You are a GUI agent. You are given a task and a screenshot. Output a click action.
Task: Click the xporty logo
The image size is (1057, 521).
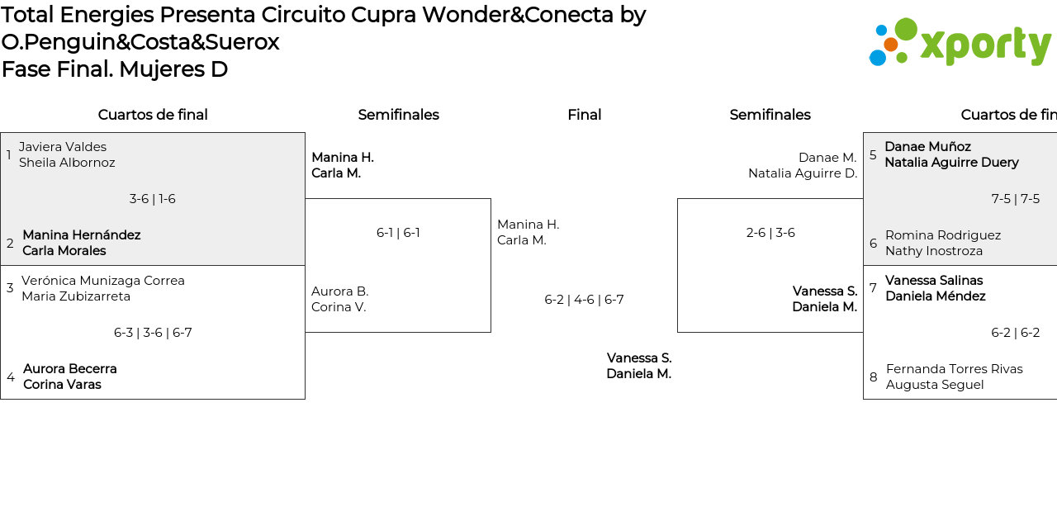tap(960, 42)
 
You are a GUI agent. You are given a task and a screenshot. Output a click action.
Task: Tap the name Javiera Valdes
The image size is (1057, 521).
tap(63, 147)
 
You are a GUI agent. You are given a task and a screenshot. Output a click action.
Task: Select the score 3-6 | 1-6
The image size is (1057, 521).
tap(152, 199)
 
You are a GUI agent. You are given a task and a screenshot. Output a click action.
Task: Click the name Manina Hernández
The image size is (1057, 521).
tap(82, 235)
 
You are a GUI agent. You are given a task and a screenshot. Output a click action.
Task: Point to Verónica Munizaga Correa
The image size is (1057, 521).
tap(103, 281)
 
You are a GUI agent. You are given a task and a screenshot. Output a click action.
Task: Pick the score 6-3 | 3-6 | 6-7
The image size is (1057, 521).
tap(153, 333)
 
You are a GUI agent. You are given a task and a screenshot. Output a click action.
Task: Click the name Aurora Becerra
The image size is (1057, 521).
tap(70, 369)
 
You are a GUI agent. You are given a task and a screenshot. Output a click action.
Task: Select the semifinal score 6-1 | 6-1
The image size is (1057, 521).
tap(398, 233)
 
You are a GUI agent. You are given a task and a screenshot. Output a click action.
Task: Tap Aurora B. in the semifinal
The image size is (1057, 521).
tap(340, 291)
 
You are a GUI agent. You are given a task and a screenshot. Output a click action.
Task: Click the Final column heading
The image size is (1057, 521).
tap(584, 115)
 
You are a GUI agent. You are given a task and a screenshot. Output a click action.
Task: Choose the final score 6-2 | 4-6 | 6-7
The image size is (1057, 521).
tap(584, 300)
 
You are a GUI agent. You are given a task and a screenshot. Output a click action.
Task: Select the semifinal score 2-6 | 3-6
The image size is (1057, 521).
tap(770, 233)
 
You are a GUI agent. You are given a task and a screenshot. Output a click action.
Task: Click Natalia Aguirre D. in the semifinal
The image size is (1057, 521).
tap(803, 173)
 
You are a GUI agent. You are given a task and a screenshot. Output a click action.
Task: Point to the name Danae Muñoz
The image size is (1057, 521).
tap(927, 147)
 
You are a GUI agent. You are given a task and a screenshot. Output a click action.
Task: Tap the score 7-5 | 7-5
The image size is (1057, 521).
tap(1015, 199)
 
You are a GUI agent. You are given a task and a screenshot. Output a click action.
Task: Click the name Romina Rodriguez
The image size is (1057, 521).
tap(943, 235)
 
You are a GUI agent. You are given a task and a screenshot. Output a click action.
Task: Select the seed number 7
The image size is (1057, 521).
tap(873, 288)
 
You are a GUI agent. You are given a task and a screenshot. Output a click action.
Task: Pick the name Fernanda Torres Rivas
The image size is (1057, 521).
tap(955, 369)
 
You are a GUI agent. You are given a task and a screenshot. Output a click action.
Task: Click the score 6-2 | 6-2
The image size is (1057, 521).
tap(1015, 333)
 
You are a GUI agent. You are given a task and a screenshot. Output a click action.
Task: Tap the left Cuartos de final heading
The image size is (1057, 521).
tap(153, 115)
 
